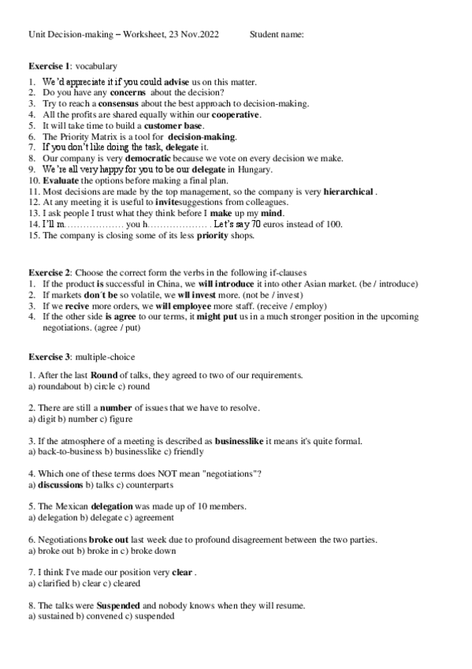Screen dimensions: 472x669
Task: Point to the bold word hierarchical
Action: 341,191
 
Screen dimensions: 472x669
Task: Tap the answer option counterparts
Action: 153,484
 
